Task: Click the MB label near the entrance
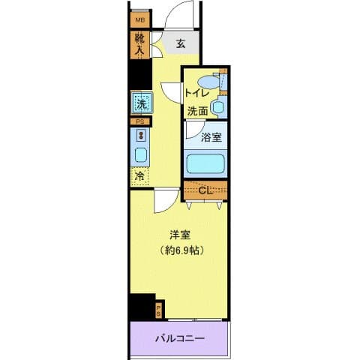tap(140, 21)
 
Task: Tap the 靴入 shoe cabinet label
tap(140, 46)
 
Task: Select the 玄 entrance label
tap(181, 43)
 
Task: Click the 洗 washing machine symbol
tap(140, 103)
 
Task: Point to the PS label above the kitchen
tap(139, 121)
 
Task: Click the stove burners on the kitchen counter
tap(139, 136)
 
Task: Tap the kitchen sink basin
tap(139, 155)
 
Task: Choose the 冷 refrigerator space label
tap(139, 176)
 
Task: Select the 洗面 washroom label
tap(198, 110)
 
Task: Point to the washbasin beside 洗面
tap(217, 107)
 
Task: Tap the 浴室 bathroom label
tap(211, 137)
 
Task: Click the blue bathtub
tap(207, 163)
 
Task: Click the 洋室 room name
tap(178, 233)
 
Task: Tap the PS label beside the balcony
tap(158, 309)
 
